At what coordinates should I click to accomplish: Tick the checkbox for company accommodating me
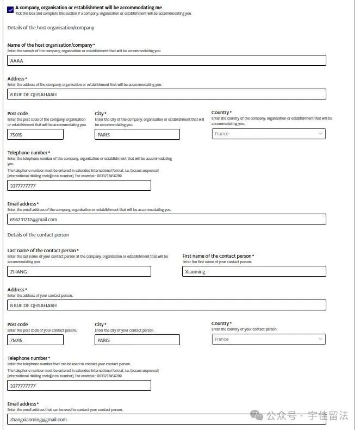pos(10,9)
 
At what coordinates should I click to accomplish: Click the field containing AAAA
pos(166,61)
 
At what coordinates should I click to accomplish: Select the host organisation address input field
pos(166,95)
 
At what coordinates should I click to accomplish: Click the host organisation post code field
pos(35,134)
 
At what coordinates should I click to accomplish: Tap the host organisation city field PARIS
pos(137,134)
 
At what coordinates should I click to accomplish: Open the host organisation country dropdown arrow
pos(320,134)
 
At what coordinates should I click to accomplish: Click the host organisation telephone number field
pos(79,185)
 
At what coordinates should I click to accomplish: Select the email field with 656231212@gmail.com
pos(166,220)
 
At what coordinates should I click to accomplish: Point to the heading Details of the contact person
pos(38,235)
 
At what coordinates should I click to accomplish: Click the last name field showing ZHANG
pos(79,271)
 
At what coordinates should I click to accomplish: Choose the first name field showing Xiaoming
pos(254,271)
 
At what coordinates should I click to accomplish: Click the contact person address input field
pos(166,306)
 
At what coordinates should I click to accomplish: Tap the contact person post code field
pos(35,340)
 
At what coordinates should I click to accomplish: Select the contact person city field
pos(137,340)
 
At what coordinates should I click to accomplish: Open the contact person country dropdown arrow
pos(320,339)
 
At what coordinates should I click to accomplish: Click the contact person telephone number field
pos(79,385)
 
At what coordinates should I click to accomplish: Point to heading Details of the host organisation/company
pos(51,28)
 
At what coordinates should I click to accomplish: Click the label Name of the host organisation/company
pos(50,45)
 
